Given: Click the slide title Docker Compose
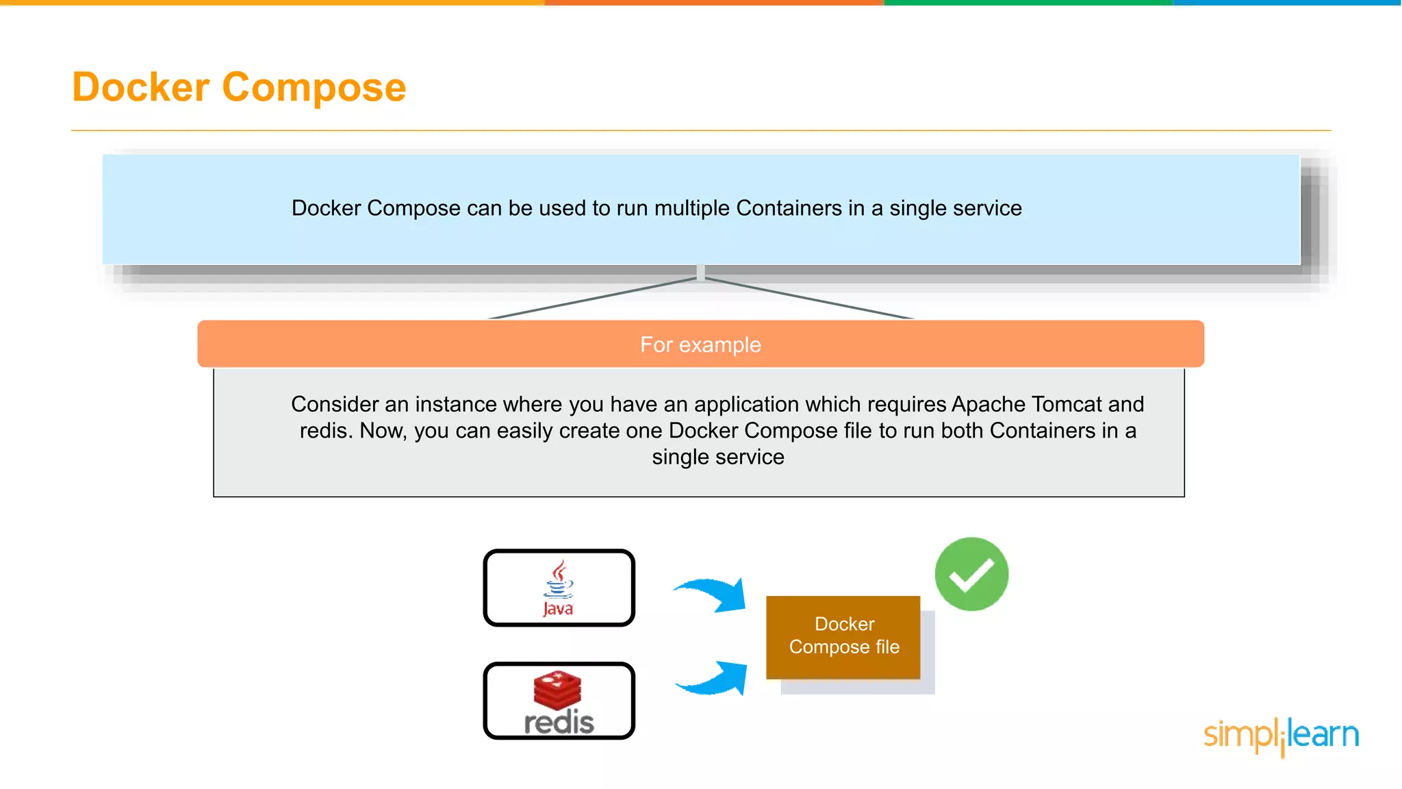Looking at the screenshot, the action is tap(239, 88).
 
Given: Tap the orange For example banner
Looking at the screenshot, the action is tap(700, 344).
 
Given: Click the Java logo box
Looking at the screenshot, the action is tap(559, 588).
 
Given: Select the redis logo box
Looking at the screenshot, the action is tap(559, 701).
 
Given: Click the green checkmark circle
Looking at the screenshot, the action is tap(971, 574).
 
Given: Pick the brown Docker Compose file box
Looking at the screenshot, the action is tap(843, 636).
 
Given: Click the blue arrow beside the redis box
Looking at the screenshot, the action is tap(713, 679).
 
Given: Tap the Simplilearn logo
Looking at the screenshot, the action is tap(1281, 736).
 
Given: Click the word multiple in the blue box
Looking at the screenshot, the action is tap(691, 208).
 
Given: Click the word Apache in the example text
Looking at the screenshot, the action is tap(987, 404).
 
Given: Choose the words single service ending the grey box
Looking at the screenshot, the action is tap(717, 457).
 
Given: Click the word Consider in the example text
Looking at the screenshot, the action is tap(335, 404).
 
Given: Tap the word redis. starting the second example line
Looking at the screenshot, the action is tap(326, 431).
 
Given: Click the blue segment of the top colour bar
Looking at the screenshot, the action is tap(1287, 3).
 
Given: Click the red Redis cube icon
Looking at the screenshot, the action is tap(557, 689).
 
